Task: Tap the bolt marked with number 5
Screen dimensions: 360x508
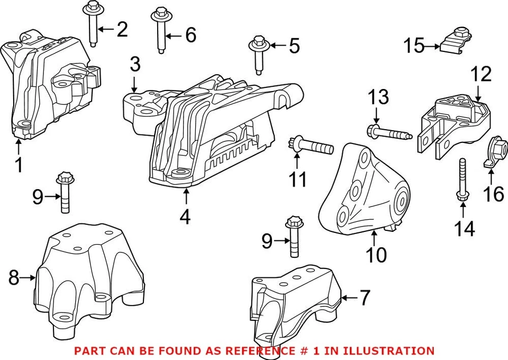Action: pos(258,55)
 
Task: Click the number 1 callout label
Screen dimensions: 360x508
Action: pos(19,165)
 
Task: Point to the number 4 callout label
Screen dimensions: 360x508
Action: pos(185,217)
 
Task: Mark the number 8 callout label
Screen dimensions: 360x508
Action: pos(14,277)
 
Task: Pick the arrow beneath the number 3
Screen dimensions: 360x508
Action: pos(135,84)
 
